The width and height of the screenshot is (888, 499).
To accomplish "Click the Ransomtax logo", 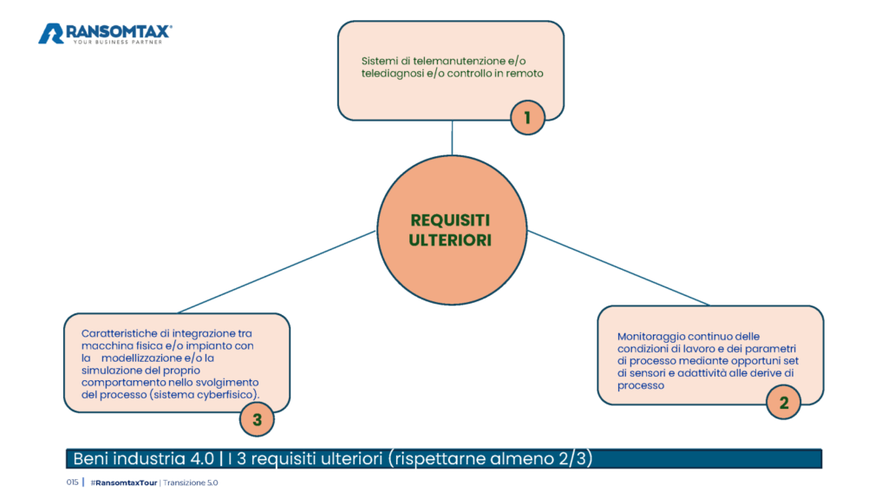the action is [x=105, y=34].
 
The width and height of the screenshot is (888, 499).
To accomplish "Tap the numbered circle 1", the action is [x=527, y=117].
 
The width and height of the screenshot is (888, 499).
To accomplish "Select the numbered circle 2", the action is [x=783, y=403].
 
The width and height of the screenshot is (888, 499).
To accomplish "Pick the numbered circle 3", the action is [x=257, y=420].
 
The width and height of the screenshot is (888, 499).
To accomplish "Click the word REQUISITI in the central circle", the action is [x=450, y=220].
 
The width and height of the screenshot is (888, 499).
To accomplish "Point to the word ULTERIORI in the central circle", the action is [x=450, y=240].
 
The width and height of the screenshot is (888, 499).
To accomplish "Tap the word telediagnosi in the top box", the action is [x=393, y=74].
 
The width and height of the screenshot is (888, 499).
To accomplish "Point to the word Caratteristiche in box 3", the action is [x=119, y=333].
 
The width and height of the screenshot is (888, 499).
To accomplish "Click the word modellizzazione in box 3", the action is [x=141, y=358].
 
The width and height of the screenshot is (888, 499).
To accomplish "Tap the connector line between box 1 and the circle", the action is [x=452, y=138].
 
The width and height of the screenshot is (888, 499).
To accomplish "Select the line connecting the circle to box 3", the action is [x=277, y=272].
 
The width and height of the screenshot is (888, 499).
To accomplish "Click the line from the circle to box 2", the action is [x=617, y=267].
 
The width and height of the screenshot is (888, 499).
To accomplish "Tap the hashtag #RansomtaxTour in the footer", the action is [x=123, y=483].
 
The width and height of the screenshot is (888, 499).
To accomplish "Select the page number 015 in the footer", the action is [x=72, y=482].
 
